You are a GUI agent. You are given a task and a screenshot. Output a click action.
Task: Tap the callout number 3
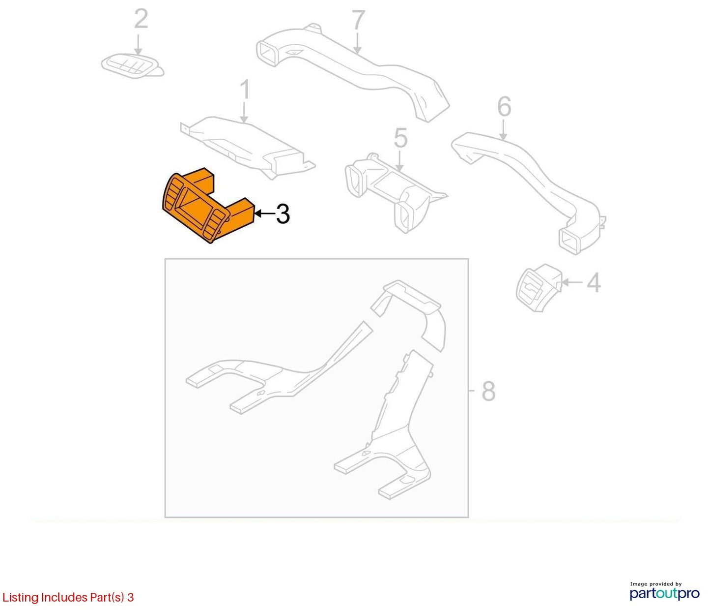point(283,214)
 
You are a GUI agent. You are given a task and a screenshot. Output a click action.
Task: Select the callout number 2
point(141,19)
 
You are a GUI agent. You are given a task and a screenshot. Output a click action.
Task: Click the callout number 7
point(358,20)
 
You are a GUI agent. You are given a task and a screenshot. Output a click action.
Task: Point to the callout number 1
point(245,90)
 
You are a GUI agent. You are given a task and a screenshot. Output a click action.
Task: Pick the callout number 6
point(504,107)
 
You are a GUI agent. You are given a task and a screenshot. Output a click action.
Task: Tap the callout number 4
point(594,282)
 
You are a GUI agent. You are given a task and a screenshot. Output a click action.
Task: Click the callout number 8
point(488,391)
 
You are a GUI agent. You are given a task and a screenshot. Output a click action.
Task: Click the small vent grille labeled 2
point(132,66)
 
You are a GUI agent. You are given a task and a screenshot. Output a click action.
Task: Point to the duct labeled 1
point(247,146)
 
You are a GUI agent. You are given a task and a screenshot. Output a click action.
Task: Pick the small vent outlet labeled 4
point(539,288)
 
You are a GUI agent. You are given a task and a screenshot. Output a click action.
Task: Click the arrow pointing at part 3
point(264,214)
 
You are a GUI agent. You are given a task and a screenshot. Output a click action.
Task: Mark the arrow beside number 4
point(572,282)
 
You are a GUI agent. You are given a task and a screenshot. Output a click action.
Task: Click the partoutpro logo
point(665,593)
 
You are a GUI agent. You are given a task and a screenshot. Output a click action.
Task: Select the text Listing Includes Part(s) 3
point(68,597)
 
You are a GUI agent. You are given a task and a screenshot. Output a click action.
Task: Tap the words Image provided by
point(655,583)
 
